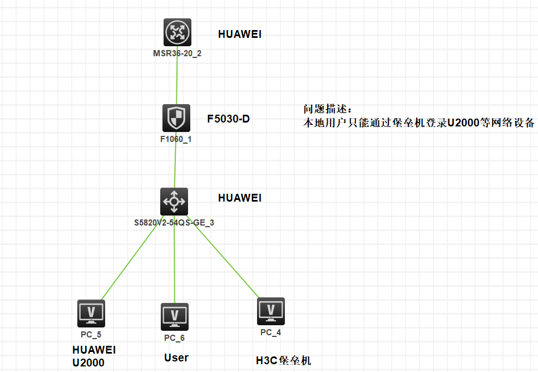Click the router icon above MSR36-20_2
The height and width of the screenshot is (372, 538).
pos(177,32)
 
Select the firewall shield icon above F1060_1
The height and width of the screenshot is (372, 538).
pos(176,118)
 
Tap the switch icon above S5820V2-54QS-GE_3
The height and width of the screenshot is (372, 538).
pos(174,201)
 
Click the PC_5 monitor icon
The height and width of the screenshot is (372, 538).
pos(91,314)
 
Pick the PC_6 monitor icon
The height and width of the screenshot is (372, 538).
pos(174,317)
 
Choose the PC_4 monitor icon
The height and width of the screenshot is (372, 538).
pos(271,311)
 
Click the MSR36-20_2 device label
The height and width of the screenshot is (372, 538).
pos(177,53)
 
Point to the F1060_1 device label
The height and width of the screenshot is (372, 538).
pos(176,139)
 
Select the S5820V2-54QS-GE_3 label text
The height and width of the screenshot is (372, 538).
pos(174,222)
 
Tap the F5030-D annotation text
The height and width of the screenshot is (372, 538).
pos(228,118)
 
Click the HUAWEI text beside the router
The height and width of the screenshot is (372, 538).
pos(240,35)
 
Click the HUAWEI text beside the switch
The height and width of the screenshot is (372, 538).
pos(240,198)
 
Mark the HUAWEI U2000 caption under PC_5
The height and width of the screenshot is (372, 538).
pos(94,356)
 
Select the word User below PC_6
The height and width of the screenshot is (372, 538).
pos(176,358)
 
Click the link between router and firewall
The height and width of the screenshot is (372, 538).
pos(177,81)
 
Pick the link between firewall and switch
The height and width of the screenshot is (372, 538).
pos(175,166)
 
